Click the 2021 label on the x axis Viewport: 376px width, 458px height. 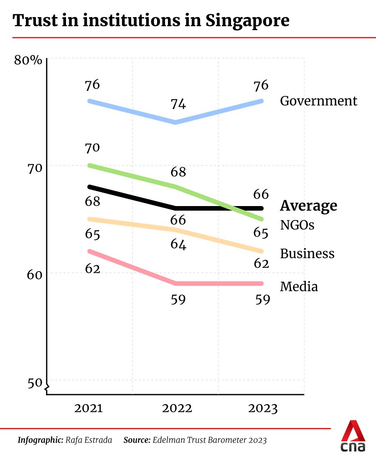89,408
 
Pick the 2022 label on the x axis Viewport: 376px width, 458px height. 178,408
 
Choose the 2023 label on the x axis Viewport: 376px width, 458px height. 263,408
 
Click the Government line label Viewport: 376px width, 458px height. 318,101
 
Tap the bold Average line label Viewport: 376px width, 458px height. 308,206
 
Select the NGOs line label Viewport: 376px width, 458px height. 297,225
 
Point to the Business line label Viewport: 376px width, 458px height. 307,254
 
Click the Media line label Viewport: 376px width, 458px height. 299,287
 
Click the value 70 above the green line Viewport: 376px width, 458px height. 92,148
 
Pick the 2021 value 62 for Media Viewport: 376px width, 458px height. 92,269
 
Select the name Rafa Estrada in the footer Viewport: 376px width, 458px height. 89,440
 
